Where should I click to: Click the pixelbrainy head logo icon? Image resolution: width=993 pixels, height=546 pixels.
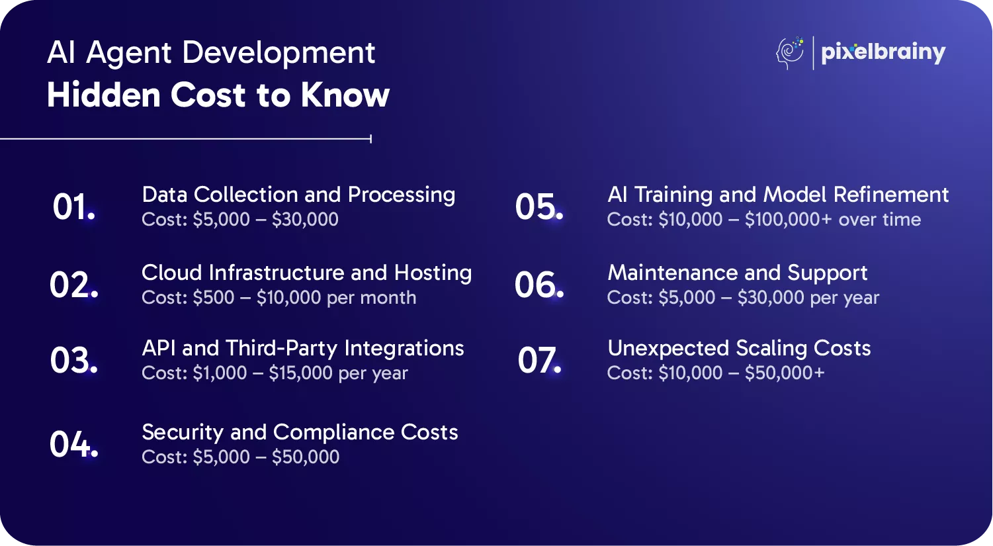pyautogui.click(x=789, y=53)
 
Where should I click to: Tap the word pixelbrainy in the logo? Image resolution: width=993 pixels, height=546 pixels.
pyautogui.click(x=883, y=54)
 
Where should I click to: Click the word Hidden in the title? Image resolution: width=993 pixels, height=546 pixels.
pyautogui.click(x=103, y=95)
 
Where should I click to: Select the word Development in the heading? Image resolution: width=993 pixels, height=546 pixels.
pyautogui.click(x=279, y=53)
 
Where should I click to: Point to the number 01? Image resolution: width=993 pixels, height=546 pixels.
pyautogui.click(x=73, y=206)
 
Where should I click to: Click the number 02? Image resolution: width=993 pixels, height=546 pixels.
pyautogui.click(x=73, y=285)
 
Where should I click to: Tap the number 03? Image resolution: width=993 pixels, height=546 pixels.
pyautogui.click(x=73, y=360)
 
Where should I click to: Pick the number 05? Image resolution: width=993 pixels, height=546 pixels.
pyautogui.click(x=539, y=206)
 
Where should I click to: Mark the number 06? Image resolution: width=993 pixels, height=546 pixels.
pyautogui.click(x=539, y=285)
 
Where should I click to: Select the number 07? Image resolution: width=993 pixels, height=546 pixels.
pyautogui.click(x=539, y=360)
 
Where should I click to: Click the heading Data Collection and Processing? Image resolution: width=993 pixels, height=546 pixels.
pyautogui.click(x=298, y=195)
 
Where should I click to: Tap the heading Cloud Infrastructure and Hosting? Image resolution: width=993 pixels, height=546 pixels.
pyautogui.click(x=307, y=273)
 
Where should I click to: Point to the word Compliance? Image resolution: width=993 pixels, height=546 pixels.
pyautogui.click(x=333, y=432)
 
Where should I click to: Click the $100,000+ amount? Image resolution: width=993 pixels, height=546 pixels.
pyautogui.click(x=788, y=220)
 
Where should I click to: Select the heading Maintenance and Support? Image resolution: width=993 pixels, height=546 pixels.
pyautogui.click(x=737, y=273)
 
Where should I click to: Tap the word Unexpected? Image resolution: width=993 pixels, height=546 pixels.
pyautogui.click(x=668, y=349)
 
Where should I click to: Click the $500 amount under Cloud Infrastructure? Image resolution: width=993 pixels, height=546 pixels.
pyautogui.click(x=213, y=298)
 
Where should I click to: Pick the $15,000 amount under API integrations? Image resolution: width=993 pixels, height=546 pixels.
pyautogui.click(x=300, y=373)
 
